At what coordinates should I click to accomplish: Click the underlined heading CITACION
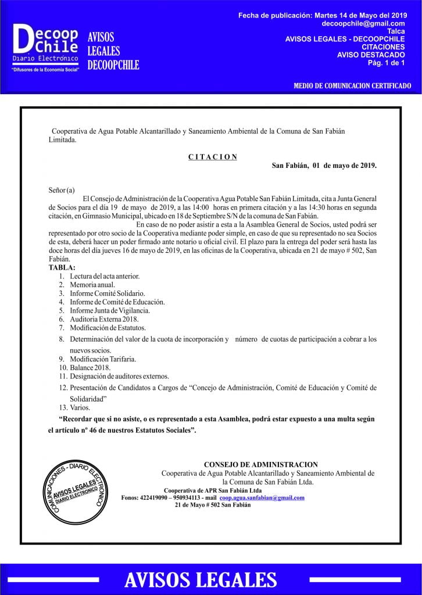(x=213, y=156)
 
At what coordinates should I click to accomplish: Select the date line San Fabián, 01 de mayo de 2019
(x=324, y=166)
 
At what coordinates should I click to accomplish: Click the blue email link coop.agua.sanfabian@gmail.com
(x=262, y=498)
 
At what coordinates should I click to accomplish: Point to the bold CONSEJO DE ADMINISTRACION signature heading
(x=261, y=464)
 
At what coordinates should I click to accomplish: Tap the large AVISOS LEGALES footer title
(x=201, y=579)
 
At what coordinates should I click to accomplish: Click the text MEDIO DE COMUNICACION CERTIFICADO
(x=352, y=86)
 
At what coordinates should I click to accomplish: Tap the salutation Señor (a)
(x=62, y=190)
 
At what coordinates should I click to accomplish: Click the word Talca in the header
(x=396, y=31)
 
